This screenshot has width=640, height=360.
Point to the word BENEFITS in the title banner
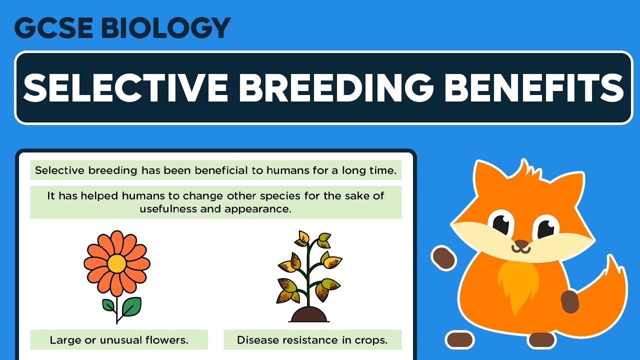[533, 87]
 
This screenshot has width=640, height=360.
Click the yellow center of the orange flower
[116, 263]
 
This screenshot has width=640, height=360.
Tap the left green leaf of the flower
[109, 305]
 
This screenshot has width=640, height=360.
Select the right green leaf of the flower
[131, 304]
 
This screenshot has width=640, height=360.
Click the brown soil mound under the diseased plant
[309, 315]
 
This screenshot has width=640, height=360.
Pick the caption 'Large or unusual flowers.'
[119, 340]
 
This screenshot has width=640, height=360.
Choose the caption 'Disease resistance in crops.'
[312, 340]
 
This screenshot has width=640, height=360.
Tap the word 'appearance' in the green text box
[257, 208]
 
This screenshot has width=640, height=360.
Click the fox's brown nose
[521, 244]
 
